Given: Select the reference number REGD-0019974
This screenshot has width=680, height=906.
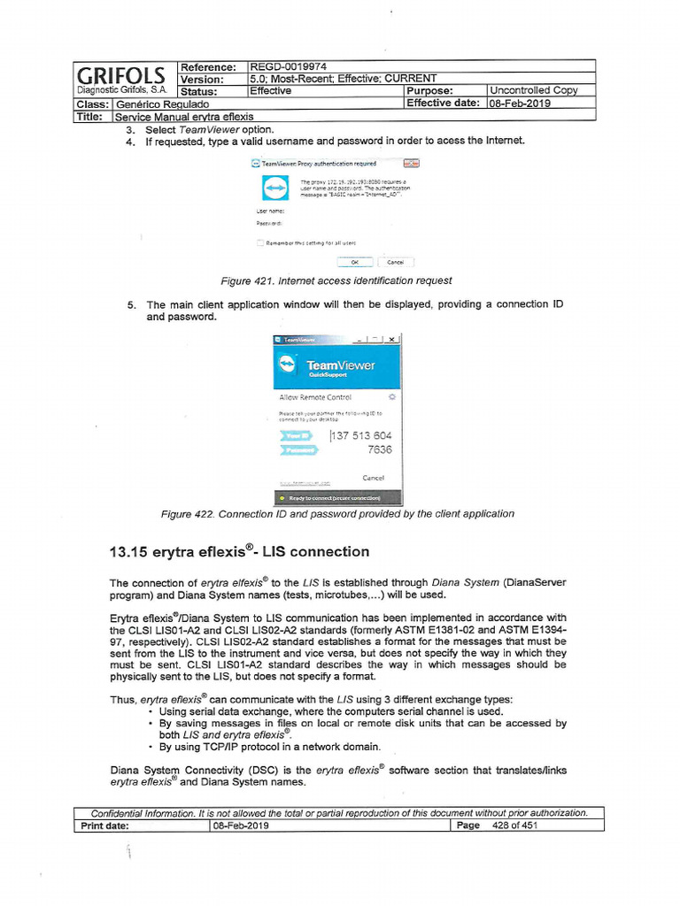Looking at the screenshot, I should point(289,67).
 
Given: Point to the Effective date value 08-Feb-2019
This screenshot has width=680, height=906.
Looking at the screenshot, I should point(521,103).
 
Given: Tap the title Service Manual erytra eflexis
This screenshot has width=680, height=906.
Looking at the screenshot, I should point(183,116).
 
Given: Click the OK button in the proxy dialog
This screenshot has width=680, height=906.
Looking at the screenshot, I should point(355,262).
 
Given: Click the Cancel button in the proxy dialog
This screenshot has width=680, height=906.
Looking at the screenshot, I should point(396,262).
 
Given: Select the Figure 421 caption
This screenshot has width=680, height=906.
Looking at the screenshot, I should point(336,280).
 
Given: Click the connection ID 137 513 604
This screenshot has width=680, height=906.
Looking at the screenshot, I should point(360,436).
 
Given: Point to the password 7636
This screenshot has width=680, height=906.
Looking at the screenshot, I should point(379,449).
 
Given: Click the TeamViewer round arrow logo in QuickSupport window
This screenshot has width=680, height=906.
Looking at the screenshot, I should point(289,365).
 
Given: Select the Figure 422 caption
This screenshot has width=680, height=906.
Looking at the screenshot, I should point(337,513).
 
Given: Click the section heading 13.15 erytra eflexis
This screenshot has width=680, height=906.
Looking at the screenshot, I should point(238,552).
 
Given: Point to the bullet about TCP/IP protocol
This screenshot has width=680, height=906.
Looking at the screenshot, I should point(270,746).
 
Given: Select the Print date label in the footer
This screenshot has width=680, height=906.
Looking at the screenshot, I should point(104,825).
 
